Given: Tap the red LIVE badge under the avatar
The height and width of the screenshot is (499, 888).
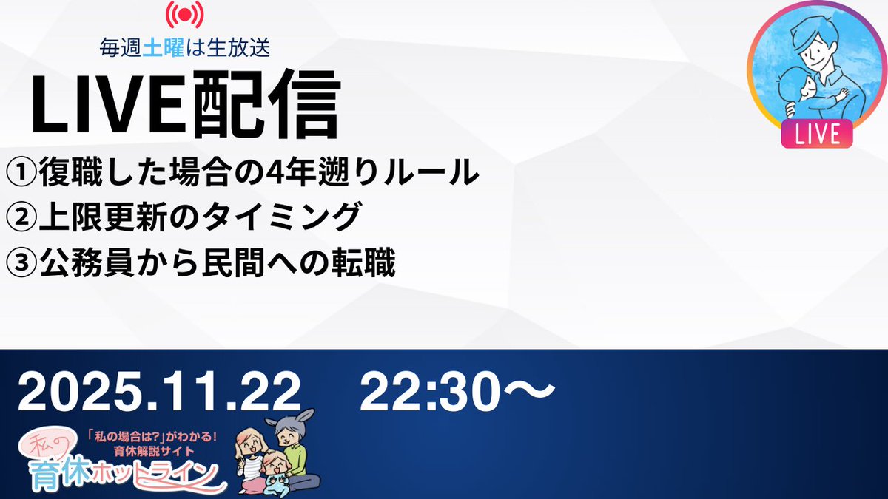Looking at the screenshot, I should [816, 135].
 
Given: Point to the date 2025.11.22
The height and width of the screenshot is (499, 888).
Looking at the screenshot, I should [160, 392].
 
